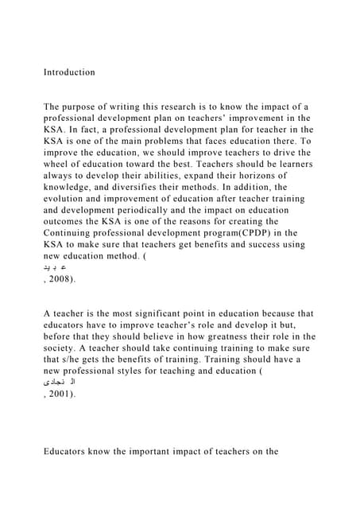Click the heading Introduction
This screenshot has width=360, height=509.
pos(69,72)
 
